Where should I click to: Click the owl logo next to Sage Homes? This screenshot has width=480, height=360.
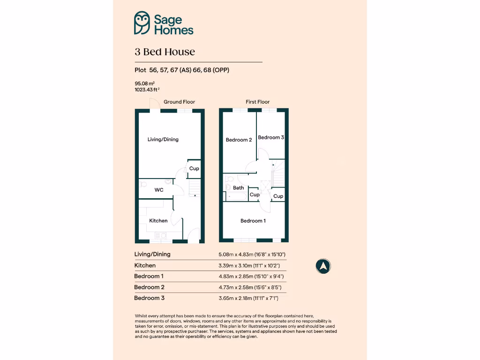142,23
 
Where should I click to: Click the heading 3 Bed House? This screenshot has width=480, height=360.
165,52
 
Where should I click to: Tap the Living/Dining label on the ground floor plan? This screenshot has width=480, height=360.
163,139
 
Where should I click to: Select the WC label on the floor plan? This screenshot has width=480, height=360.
159,190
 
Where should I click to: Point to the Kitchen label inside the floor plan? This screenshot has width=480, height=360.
158,221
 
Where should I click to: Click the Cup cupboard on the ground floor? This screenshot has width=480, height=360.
194,169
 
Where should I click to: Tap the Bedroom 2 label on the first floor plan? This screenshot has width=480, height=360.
239,140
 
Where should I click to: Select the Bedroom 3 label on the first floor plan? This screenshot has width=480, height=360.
271,137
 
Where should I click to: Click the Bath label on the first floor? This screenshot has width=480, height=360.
239,188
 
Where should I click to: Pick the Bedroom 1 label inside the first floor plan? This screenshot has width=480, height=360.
253,221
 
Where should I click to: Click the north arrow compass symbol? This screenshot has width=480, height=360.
323,266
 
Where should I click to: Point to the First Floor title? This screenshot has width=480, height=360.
258,102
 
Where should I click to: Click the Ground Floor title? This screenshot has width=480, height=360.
179,102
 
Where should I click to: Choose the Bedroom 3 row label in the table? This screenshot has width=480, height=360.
150,298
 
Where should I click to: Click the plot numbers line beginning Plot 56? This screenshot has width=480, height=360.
182,70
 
